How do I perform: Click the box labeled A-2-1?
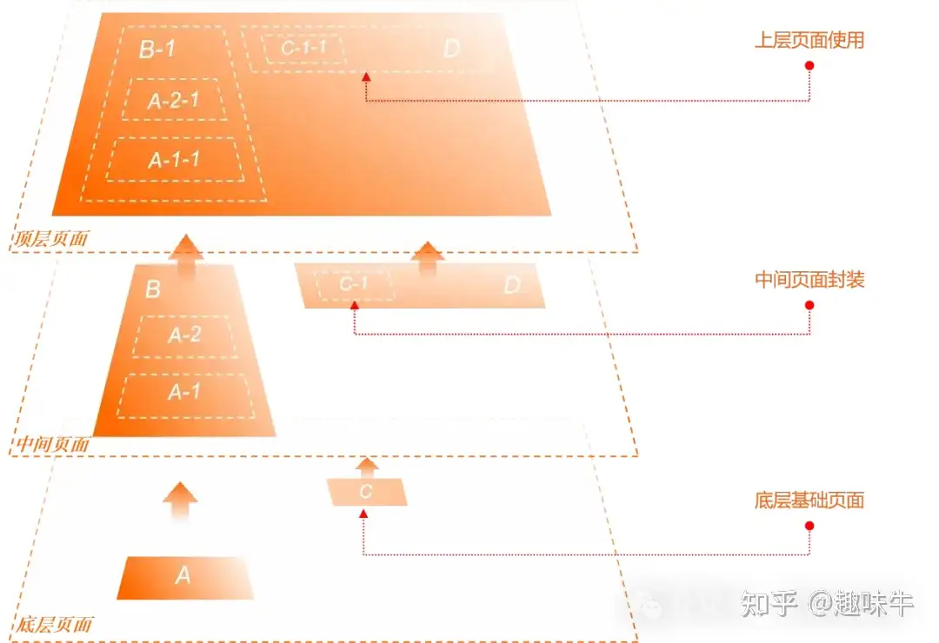(x=174, y=100)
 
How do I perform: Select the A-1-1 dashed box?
(x=175, y=160)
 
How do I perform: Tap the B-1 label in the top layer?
(x=157, y=49)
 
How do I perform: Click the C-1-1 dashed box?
(x=303, y=47)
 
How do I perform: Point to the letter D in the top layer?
(x=450, y=49)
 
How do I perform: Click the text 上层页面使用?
(x=809, y=40)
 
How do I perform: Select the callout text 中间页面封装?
(x=809, y=280)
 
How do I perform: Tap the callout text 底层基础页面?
(x=809, y=500)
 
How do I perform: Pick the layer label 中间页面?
(x=52, y=444)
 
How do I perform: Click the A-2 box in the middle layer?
(x=184, y=335)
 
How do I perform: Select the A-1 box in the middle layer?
(x=183, y=393)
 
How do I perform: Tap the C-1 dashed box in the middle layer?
(x=354, y=284)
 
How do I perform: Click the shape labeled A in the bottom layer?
(x=184, y=576)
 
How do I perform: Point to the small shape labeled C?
(x=367, y=492)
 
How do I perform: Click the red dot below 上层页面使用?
(x=809, y=65)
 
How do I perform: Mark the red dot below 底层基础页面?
(x=809, y=526)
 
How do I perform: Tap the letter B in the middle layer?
(x=153, y=289)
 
